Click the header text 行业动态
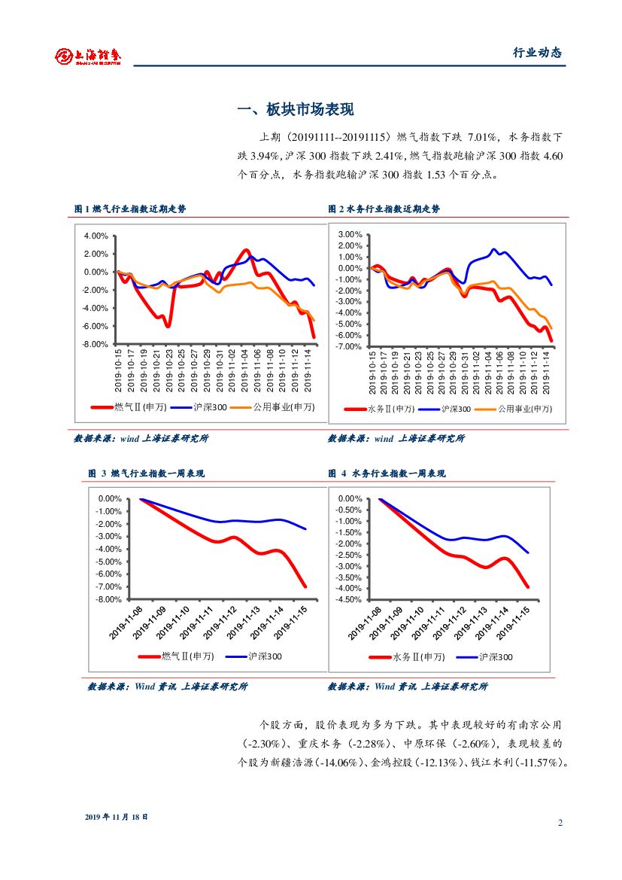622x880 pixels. (x=537, y=53)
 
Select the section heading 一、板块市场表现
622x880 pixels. (x=295, y=110)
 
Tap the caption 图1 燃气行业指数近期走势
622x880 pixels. (x=129, y=209)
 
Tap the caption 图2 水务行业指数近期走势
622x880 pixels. (x=384, y=209)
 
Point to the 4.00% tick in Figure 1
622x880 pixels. (x=96, y=236)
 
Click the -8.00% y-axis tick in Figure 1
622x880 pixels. (x=96, y=344)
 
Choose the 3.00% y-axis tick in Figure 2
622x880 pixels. (x=350, y=235)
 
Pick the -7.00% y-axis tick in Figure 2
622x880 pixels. (x=350, y=346)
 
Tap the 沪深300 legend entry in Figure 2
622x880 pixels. (x=455, y=409)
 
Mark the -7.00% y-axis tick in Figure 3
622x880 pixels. (x=110, y=586)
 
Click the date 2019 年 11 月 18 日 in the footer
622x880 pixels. (x=117, y=817)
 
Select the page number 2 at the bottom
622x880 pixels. (x=560, y=822)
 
